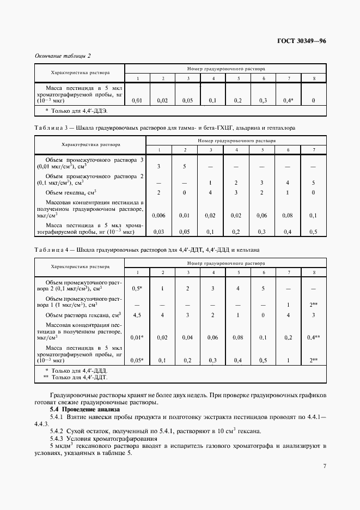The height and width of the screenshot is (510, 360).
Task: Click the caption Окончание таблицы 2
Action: coord(63,56)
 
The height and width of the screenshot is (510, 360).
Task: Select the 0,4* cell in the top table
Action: coord(289,100)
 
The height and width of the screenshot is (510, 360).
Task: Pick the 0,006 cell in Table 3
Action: coord(158,215)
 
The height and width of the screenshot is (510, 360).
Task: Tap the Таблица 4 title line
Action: coord(147,250)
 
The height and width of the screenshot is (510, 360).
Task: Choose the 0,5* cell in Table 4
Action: coord(137,287)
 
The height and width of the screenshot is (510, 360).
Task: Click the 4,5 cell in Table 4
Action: coord(137,314)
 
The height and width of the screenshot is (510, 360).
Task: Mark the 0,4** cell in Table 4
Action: coord(313,337)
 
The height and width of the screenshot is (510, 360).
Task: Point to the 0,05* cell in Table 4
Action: coord(137,360)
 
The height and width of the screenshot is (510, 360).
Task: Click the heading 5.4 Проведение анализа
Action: coord(84,409)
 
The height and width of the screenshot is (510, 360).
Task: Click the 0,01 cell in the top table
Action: coord(137,100)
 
